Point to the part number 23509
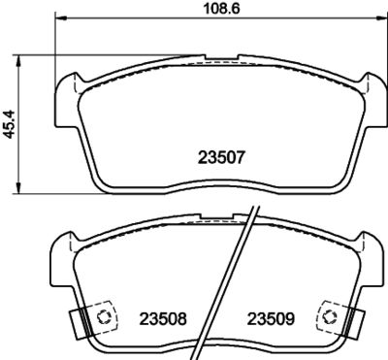270,318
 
